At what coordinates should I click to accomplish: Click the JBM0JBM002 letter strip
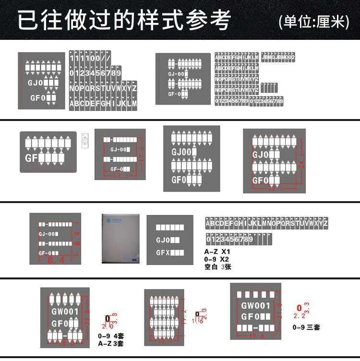tap(278, 58)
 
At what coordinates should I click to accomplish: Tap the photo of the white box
tap(121, 239)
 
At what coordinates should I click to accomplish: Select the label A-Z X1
tap(217, 252)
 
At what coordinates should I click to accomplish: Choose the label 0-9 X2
tap(217, 259)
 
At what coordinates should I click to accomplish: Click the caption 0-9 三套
tap(306, 327)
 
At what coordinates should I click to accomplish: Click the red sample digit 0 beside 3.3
tap(299, 308)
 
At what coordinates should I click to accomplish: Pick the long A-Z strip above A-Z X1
tap(266, 223)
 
